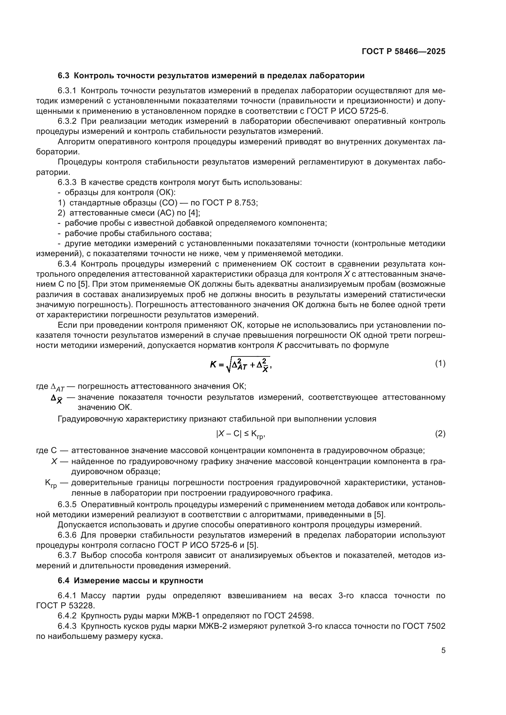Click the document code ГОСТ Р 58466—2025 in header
click(x=404, y=51)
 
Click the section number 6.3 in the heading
click(x=64, y=76)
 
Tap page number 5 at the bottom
click(x=443, y=651)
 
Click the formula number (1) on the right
click(x=440, y=363)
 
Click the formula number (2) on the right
click(x=440, y=433)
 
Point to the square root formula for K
click(x=240, y=364)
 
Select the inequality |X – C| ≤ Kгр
click(x=240, y=434)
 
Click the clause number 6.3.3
click(x=67, y=182)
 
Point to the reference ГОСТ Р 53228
click(x=65, y=605)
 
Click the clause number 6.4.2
click(x=67, y=616)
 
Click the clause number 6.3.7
click(x=67, y=555)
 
